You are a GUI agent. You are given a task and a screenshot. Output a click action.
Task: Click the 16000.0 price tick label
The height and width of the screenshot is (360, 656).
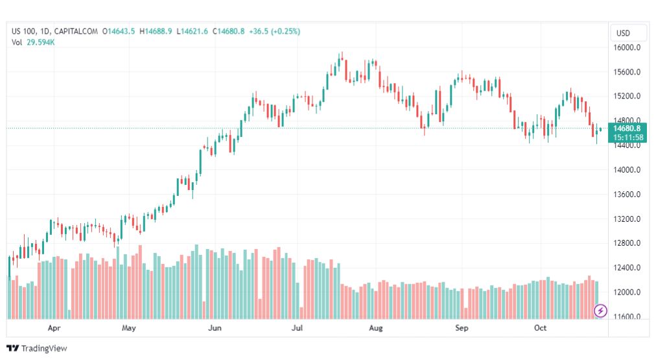[x=627, y=47]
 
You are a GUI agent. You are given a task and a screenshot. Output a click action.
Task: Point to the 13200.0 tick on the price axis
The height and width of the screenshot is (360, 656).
[x=627, y=219]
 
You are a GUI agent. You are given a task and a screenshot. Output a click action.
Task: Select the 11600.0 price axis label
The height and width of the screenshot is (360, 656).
[x=627, y=317]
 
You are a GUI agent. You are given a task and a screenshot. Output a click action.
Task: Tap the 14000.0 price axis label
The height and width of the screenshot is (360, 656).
[x=627, y=170]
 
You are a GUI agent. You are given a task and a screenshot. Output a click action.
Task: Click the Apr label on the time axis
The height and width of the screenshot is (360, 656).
[x=54, y=328]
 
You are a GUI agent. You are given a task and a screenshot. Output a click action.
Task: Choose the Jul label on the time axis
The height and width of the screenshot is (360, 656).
[x=298, y=328]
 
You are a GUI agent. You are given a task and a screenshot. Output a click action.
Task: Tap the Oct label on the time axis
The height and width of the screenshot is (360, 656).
[x=540, y=328]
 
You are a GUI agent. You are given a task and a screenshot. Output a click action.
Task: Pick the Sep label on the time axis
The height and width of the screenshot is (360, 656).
[x=462, y=328]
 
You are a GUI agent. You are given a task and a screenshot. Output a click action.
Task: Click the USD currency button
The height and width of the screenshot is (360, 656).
[x=623, y=33]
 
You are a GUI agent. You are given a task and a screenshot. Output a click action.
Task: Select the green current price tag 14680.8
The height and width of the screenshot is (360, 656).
[x=627, y=128]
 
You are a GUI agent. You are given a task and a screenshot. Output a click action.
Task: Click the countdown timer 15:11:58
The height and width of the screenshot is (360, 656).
[x=627, y=138]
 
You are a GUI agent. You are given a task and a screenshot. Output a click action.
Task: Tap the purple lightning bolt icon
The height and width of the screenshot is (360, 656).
[x=600, y=311]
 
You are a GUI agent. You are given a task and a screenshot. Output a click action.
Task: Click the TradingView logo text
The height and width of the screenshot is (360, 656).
[x=44, y=348]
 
